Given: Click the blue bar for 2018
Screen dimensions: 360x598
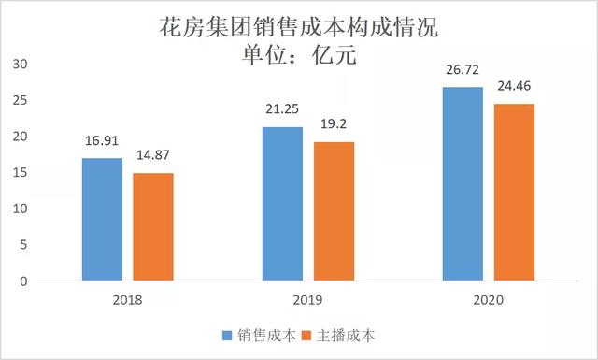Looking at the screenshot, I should click(x=102, y=219).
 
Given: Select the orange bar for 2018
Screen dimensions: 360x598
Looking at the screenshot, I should click(x=152, y=226).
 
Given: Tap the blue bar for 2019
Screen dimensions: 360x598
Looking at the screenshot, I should click(x=282, y=203).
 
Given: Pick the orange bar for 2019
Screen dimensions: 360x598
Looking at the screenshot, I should click(x=334, y=210).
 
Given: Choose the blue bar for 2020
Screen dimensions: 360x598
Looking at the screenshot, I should click(x=463, y=183).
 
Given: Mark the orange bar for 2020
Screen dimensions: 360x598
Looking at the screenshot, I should click(x=514, y=192).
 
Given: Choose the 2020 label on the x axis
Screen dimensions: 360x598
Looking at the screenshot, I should click(x=489, y=299).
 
